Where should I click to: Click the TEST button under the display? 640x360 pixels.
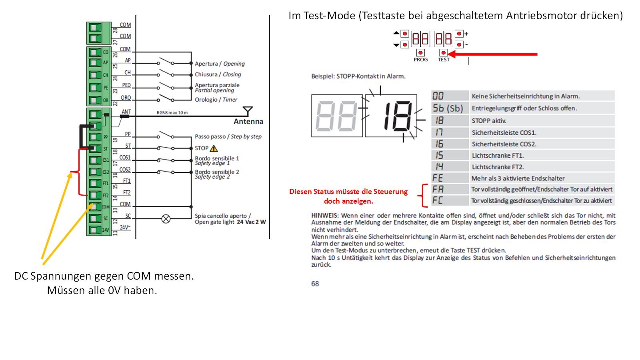click(443, 53)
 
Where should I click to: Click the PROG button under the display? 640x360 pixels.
click(420, 53)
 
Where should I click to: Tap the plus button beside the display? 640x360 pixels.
click(459, 34)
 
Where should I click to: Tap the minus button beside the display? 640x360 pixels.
click(459, 44)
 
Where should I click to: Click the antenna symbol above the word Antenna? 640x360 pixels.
click(248, 110)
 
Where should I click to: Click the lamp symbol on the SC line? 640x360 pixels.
click(166, 219)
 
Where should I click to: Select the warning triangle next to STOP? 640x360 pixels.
click(214, 148)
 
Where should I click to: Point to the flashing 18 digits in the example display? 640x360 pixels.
click(397, 116)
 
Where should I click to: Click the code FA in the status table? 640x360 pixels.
click(438, 189)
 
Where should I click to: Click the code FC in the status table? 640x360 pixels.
click(438, 200)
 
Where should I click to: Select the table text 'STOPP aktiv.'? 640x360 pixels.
click(489, 121)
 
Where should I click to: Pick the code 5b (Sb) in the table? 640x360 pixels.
click(448, 108)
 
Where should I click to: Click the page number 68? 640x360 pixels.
click(315, 284)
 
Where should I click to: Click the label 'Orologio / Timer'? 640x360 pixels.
click(216, 100)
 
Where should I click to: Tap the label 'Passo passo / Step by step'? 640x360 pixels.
click(228, 136)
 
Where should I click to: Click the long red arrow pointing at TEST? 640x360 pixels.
click(496, 54)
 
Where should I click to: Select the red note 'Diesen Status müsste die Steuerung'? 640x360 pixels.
click(348, 192)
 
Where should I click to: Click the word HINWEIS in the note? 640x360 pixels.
click(325, 216)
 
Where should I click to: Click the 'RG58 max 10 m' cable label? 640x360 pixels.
click(172, 113)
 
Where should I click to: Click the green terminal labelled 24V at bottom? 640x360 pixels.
click(95, 230)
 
